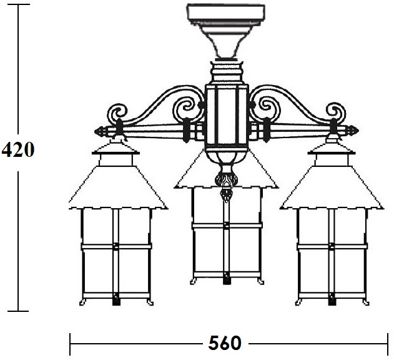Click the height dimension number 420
click(17, 149)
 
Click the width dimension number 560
click(225, 343)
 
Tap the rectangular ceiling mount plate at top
click(226, 13)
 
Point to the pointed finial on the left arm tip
click(101, 131)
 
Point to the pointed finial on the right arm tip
click(353, 131)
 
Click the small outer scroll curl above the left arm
click(117, 112)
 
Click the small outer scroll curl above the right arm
click(336, 111)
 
